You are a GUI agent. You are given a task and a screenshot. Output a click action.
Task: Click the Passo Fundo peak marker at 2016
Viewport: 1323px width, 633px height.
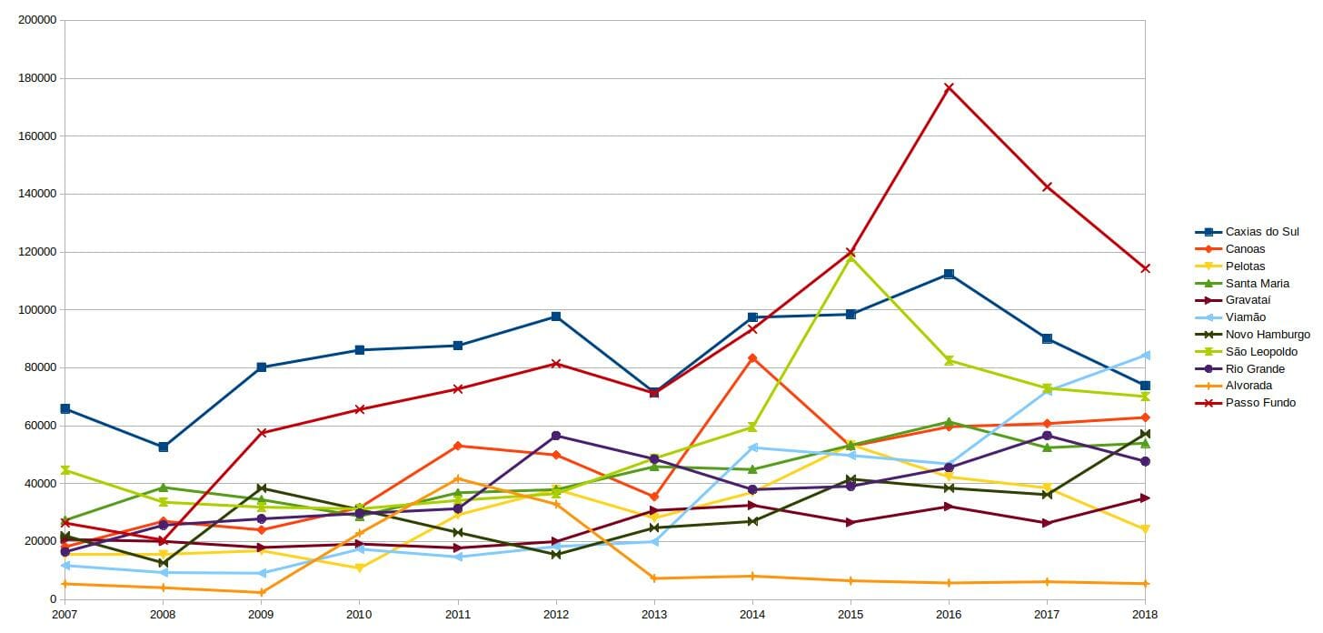[949, 88]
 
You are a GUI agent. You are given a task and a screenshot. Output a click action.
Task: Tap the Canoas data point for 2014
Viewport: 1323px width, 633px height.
[752, 358]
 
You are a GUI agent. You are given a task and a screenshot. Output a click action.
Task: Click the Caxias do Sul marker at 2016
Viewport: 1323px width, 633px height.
[949, 274]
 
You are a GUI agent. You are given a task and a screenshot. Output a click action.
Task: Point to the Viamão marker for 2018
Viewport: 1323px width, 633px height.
[1145, 355]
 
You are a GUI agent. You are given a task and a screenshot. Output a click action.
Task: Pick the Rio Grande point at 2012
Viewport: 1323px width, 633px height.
[556, 436]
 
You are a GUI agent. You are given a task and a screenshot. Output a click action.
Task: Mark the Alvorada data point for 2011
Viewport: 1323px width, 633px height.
[457, 478]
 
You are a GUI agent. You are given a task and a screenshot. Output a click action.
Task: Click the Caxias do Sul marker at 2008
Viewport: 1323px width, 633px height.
[163, 447]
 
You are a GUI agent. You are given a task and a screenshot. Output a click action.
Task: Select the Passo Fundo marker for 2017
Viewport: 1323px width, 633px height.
[1047, 187]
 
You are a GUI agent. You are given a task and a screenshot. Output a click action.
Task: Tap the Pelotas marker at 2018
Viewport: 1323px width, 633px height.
[1145, 529]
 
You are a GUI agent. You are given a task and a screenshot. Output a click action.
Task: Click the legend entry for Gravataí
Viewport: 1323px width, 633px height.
[1248, 300]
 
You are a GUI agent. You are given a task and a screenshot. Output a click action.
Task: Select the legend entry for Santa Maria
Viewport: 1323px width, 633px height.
[1257, 283]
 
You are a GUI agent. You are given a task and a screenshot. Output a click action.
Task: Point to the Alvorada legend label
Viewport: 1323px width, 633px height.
[1248, 386]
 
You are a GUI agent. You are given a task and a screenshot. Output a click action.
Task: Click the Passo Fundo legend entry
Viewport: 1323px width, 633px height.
[1260, 403]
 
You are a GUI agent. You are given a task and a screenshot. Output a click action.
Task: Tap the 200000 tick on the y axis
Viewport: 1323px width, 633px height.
[37, 20]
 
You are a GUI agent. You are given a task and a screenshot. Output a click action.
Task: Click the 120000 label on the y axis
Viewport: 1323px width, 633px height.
[37, 252]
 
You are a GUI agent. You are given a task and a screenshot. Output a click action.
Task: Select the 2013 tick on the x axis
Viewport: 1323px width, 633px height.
[654, 615]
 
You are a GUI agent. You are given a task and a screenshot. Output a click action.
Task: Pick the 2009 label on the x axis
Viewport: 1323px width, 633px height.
[261, 615]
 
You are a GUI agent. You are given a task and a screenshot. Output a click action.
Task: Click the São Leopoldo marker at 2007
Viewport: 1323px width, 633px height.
[65, 470]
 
